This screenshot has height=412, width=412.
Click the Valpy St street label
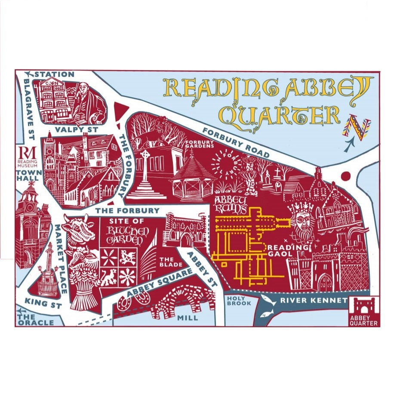tap(80, 129)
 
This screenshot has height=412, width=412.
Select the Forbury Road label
tap(236, 143)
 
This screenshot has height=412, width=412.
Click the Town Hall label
tap(28, 175)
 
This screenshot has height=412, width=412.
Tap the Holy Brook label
tap(236, 301)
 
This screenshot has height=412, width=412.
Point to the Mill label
tap(187, 318)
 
